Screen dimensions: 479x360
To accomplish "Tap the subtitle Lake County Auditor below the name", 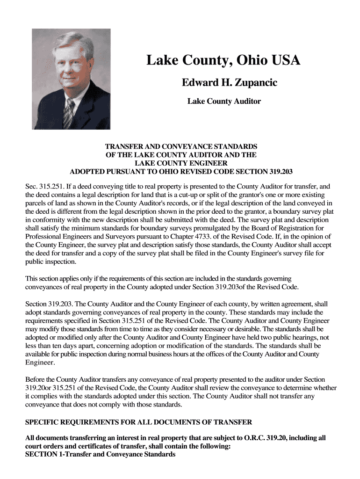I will pyautogui.click(x=224, y=101).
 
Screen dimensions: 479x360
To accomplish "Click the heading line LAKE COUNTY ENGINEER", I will pyautogui.click(x=181, y=163).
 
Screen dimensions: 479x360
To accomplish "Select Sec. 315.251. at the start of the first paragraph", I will pyautogui.click(x=47, y=186).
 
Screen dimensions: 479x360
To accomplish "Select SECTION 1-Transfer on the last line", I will pyautogui.click(x=60, y=454).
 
